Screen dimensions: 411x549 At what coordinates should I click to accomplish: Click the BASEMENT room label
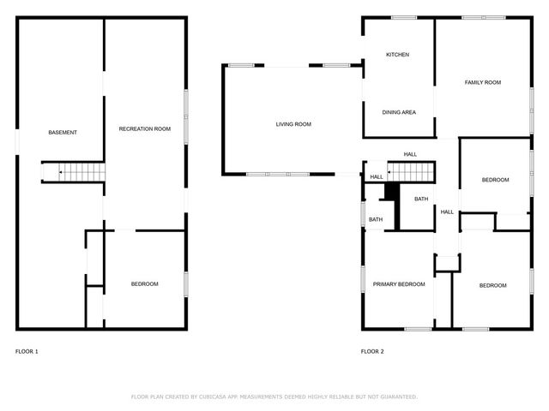(x=63, y=132)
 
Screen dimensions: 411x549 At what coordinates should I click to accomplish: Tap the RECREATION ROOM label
(x=144, y=128)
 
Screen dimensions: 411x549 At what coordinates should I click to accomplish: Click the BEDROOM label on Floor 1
(x=144, y=284)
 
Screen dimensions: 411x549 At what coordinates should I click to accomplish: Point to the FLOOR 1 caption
(x=27, y=351)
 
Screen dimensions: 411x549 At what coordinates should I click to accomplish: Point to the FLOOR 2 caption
(x=372, y=351)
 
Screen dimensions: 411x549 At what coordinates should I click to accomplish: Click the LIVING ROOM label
(x=293, y=124)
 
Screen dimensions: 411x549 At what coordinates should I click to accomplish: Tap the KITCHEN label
(x=397, y=55)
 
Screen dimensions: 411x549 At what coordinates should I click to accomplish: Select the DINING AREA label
(x=399, y=112)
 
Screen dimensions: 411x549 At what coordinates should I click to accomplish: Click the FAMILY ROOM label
(x=483, y=82)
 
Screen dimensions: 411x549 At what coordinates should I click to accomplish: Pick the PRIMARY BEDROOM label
(x=399, y=284)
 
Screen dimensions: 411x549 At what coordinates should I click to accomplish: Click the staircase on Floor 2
(x=411, y=171)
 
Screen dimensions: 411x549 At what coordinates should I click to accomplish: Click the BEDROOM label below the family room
(x=495, y=180)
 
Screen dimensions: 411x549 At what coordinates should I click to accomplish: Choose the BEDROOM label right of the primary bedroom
(x=492, y=285)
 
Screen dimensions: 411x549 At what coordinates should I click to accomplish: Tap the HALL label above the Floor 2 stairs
(x=410, y=154)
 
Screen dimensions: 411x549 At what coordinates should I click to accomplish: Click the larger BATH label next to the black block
(x=421, y=200)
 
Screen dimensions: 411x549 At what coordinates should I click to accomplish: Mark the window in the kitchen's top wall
(x=404, y=17)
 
